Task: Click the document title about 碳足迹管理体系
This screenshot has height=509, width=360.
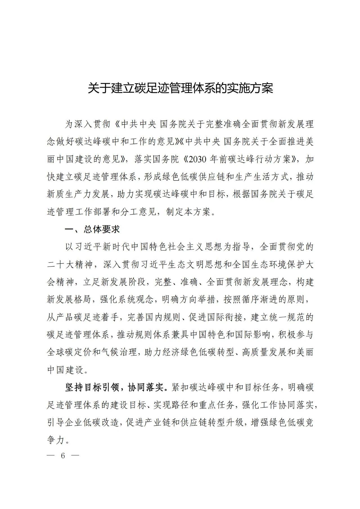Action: pyautogui.click(x=180, y=88)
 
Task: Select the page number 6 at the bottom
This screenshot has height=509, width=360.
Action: pyautogui.click(x=63, y=455)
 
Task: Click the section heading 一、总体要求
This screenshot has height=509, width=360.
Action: pyautogui.click(x=92, y=229)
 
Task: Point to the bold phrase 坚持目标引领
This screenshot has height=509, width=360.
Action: pyautogui.click(x=92, y=387)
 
